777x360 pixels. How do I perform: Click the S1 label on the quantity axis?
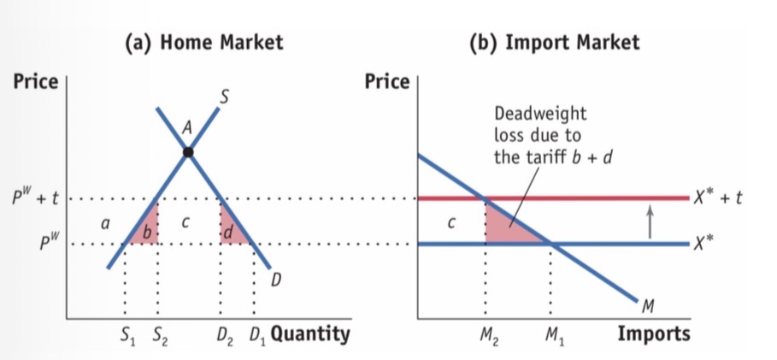[126, 334]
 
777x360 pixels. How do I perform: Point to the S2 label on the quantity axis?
[160, 334]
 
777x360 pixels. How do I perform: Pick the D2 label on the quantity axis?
[223, 334]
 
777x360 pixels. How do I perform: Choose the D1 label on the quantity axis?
[256, 334]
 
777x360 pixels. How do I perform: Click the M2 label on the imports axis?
[486, 334]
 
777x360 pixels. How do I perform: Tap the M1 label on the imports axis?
[550, 334]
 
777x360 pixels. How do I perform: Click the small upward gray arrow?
[649, 221]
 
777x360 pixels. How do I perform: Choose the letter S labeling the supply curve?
[224, 98]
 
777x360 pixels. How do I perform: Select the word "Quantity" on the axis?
[310, 333]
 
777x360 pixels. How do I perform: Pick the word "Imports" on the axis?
[654, 333]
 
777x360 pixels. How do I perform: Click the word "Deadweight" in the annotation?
[540, 114]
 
